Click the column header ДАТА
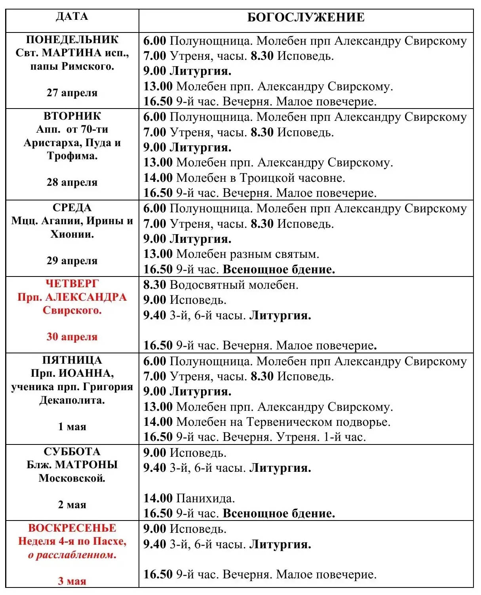pos(72,17)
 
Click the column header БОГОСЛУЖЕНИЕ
pos(306,17)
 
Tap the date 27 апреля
pos(72,93)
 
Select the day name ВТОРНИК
pos(72,116)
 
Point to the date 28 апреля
pos(72,182)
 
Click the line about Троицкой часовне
pos(244,178)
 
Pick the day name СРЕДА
pos(72,208)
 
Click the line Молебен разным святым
pos(231,254)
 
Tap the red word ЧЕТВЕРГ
pos(72,284)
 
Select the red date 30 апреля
pos(72,337)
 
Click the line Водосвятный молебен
pos(221,285)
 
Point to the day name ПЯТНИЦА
pos(72,360)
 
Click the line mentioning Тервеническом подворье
pos(267,422)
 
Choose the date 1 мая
pos(72,427)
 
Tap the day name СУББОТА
pos(72,452)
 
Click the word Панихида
pos(205,498)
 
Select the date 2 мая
pos(72,505)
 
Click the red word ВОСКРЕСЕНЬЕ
pos(72,528)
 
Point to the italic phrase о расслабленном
pos(72,555)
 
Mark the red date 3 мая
pos(72,581)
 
